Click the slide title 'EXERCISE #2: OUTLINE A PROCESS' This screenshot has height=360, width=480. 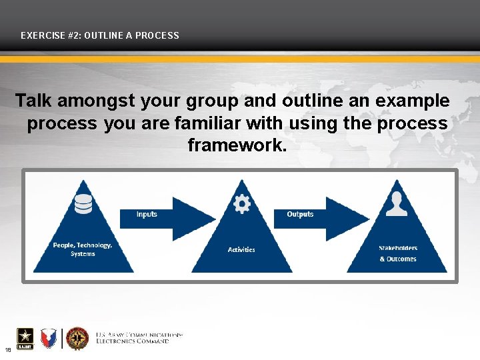(100, 35)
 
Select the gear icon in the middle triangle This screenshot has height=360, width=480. (242, 203)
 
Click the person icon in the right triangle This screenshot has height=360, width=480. (397, 204)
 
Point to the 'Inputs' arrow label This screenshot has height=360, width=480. (147, 214)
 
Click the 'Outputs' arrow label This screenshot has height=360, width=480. (300, 214)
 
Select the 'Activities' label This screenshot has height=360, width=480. (241, 249)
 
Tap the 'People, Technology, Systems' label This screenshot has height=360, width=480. (83, 249)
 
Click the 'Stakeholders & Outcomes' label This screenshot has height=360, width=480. (398, 253)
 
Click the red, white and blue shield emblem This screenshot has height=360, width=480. (49, 338)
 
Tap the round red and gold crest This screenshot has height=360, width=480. (77, 338)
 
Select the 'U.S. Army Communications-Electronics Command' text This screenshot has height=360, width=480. (139, 337)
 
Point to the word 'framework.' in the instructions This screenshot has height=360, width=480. (237, 145)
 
